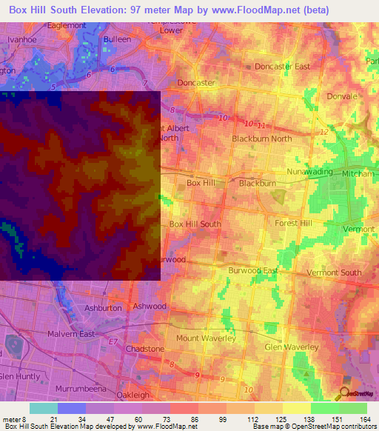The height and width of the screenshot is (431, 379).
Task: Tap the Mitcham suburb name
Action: click(358, 173)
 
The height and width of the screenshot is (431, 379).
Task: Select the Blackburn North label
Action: click(261, 138)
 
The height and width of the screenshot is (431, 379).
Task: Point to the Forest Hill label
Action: click(295, 223)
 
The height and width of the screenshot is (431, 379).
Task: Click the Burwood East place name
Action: click(253, 270)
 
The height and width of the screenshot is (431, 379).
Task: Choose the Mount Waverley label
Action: click(205, 338)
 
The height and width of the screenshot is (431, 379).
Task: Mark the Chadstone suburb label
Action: click(145, 348)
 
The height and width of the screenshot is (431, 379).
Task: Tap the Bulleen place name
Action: click(117, 39)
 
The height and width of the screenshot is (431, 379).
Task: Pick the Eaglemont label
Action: click(65, 25)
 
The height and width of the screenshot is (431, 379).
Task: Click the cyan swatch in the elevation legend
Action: click(43, 408)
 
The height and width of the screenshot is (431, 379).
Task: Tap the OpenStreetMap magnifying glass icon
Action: click(343, 393)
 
